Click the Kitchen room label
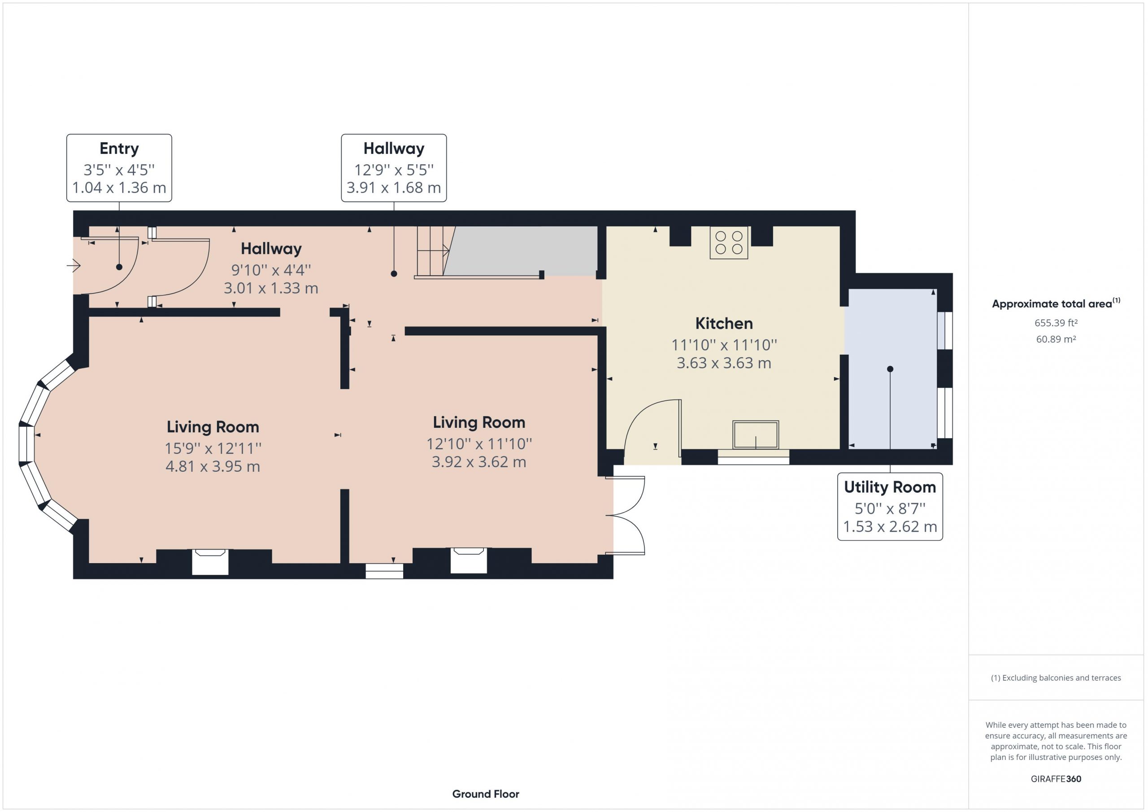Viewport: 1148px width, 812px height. point(723,324)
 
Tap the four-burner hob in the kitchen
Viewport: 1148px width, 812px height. point(729,243)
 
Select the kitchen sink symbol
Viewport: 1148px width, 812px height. point(756,434)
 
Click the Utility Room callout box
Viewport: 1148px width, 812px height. point(890,507)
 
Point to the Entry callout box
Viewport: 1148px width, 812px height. point(119,168)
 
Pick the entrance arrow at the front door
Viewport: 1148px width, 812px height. point(74,265)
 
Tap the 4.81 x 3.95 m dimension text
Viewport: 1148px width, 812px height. point(213,466)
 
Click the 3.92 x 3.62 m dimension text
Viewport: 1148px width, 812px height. point(479,462)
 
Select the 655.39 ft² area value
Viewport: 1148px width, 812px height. point(1056,323)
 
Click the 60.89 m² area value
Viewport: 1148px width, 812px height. point(1056,339)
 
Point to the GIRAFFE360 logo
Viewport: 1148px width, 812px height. point(1056,778)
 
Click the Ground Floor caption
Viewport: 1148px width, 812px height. point(486,794)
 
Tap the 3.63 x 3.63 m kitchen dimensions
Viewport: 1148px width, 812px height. point(723,363)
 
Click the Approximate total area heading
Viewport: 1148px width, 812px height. point(1056,303)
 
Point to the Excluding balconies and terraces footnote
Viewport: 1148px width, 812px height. point(1056,677)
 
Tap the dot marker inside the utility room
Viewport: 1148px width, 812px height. point(890,369)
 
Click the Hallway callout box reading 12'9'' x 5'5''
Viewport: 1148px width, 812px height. point(394,168)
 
